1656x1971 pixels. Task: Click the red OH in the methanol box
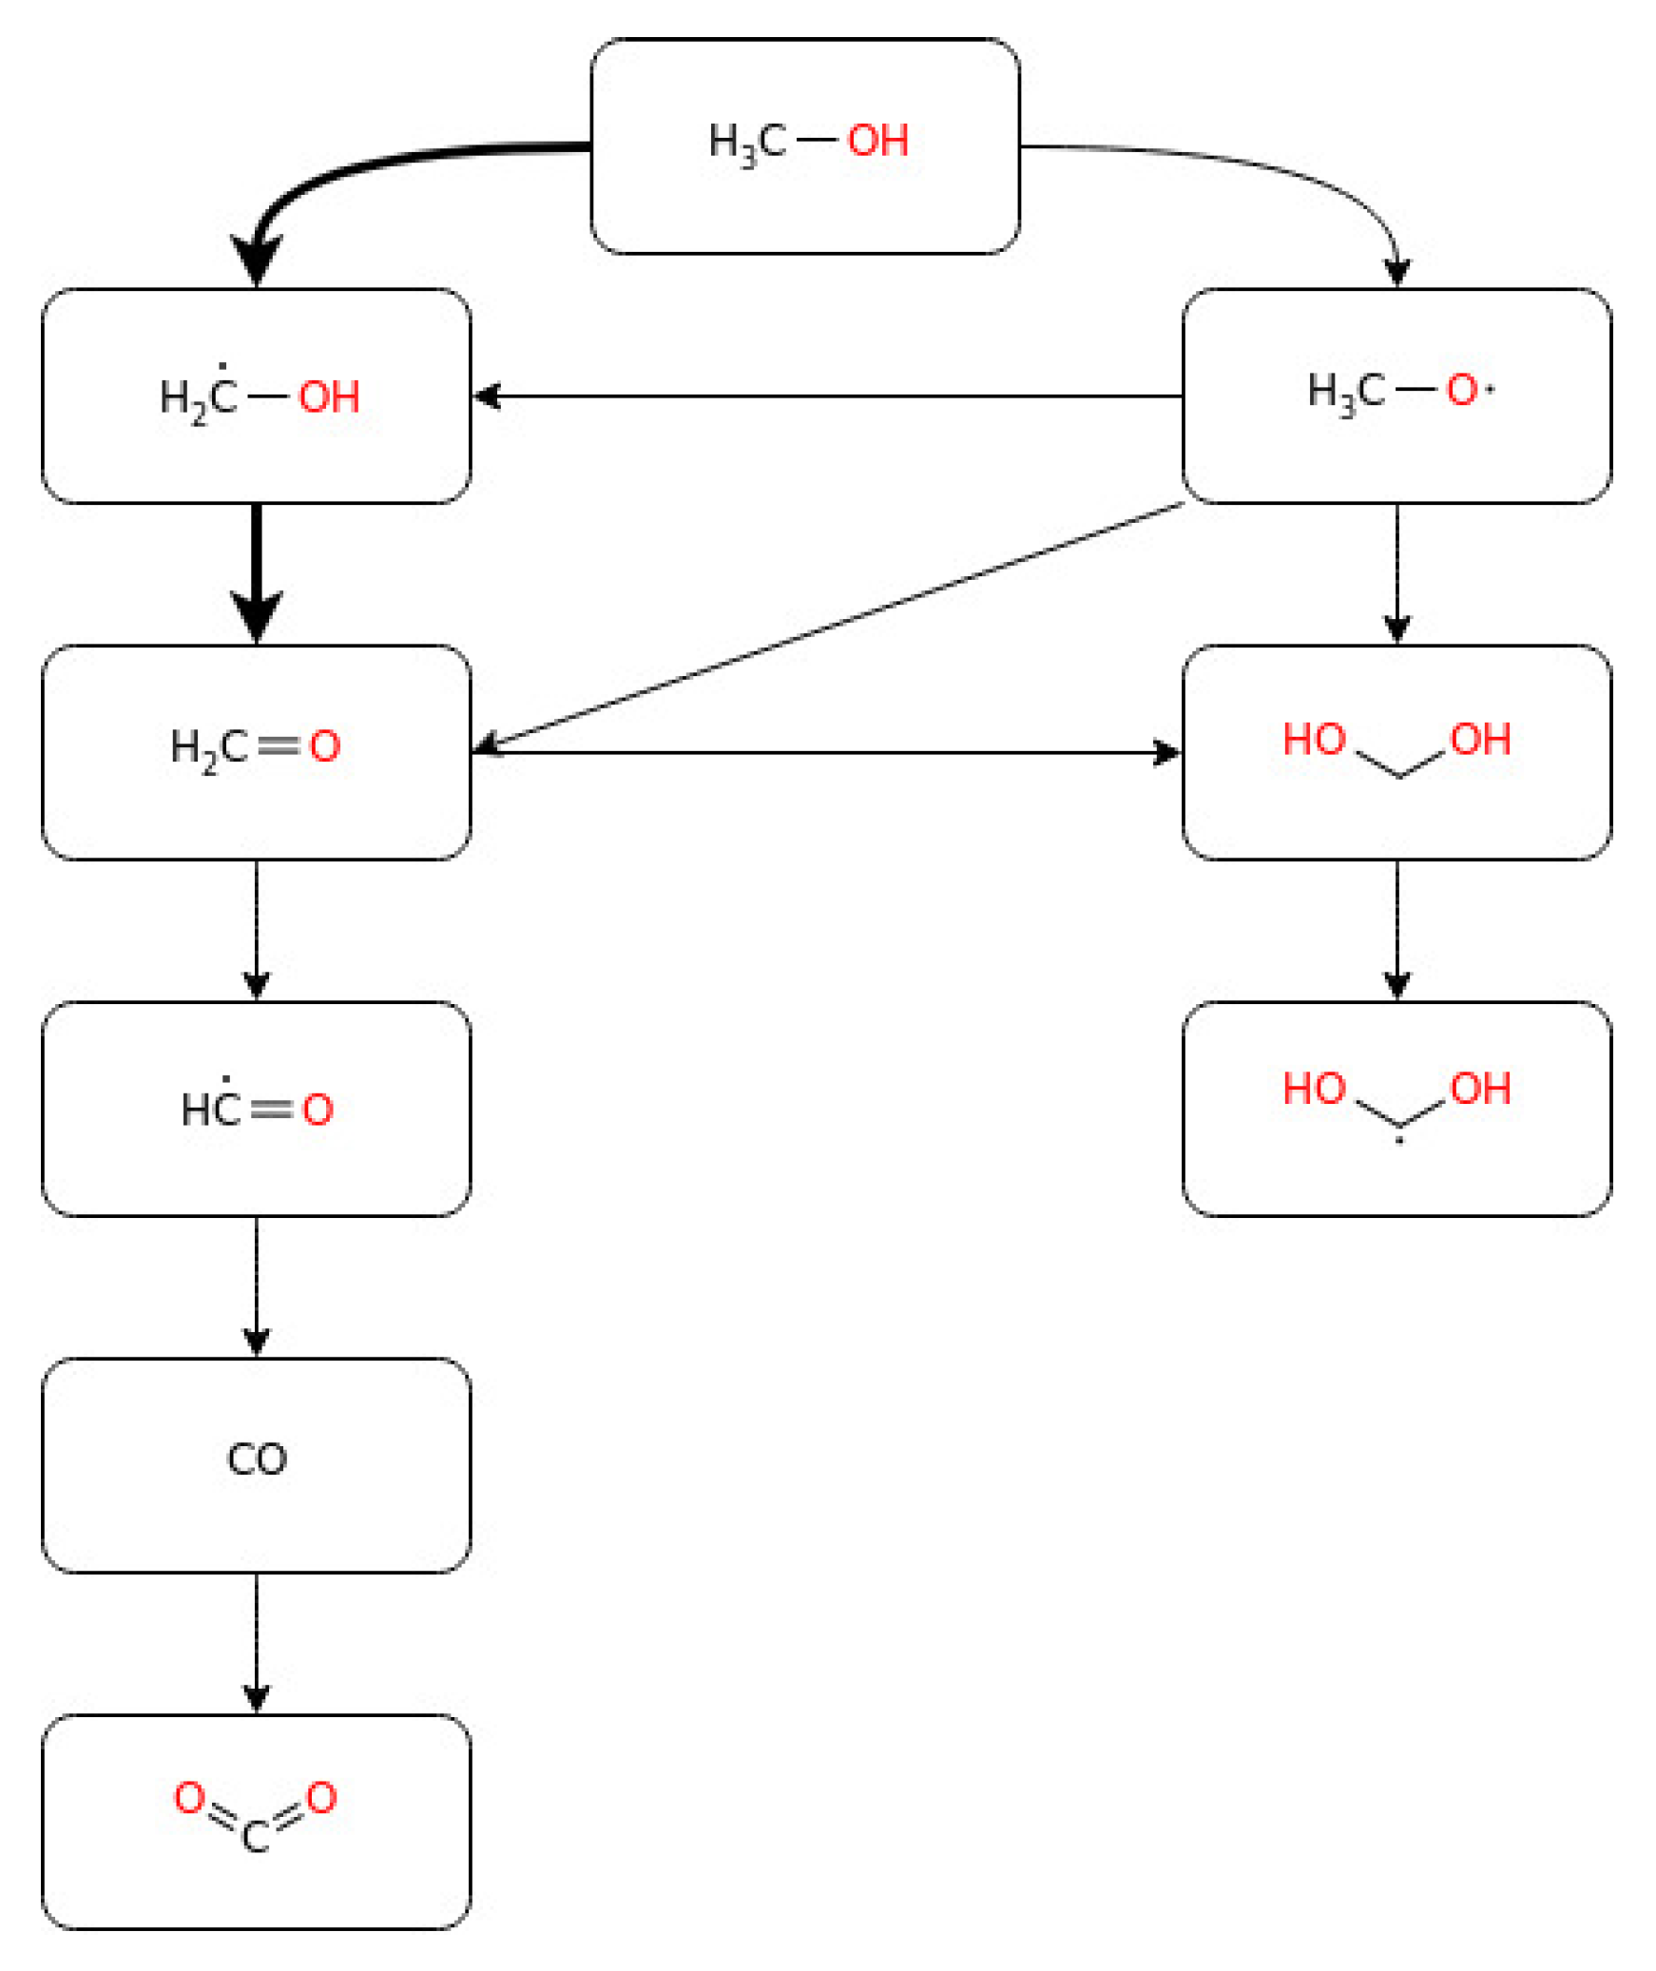pyautogui.click(x=876, y=141)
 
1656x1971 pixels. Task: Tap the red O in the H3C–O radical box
pyautogui.click(x=1461, y=390)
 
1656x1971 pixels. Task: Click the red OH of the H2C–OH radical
pyautogui.click(x=329, y=397)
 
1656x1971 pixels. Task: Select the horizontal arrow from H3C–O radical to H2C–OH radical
pyautogui.click(x=827, y=396)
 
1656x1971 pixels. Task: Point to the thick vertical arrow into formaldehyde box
pyautogui.click(x=257, y=570)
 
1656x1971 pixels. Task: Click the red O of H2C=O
pyautogui.click(x=325, y=746)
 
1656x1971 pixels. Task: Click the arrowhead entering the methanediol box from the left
pyautogui.click(x=1167, y=753)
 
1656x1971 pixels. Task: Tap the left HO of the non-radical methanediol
pyautogui.click(x=1314, y=740)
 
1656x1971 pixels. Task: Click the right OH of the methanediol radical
pyautogui.click(x=1480, y=1089)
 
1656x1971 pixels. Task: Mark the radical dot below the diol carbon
pyautogui.click(x=1398, y=1140)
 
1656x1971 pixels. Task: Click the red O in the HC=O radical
pyautogui.click(x=318, y=1110)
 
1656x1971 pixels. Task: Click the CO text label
pyautogui.click(x=257, y=1459)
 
